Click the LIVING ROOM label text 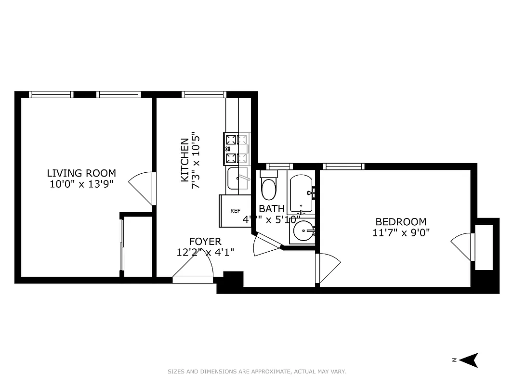81,173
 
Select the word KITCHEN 185,160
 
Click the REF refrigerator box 235,211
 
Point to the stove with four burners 237,148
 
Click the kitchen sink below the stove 237,179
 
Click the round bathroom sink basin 303,232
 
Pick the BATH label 272,209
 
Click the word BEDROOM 401,222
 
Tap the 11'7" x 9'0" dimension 401,232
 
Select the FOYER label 205,242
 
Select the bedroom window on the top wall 343,167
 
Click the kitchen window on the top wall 204,94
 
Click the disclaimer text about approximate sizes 257,372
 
